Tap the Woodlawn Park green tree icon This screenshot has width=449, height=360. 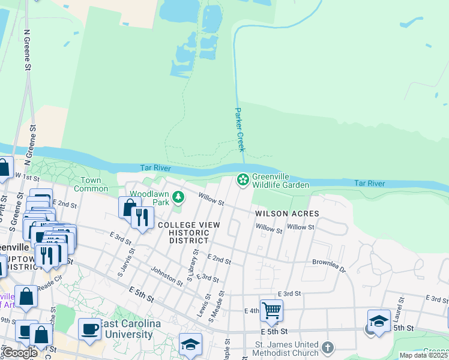(178, 197)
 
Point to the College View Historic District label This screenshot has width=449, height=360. (188, 232)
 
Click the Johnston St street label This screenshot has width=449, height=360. (167, 276)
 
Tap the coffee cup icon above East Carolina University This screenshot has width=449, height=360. (89, 329)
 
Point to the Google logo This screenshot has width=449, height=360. (19, 353)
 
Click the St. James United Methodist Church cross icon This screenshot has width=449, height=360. (327, 347)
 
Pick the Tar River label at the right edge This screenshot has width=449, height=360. (369, 183)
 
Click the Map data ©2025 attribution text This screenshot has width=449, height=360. (423, 355)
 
